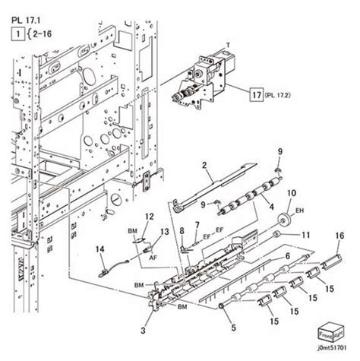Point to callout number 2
click(x=204, y=165)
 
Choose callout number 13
click(x=164, y=231)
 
